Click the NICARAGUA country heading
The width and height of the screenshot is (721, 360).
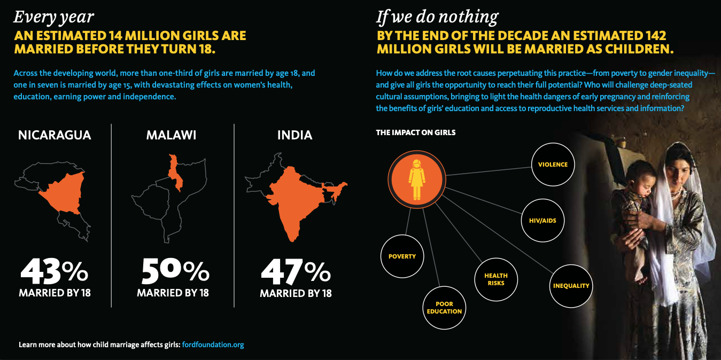pyautogui.click(x=55, y=135)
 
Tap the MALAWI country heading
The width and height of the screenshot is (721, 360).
pyautogui.click(x=171, y=135)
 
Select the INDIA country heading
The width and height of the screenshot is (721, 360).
pyautogui.click(x=294, y=135)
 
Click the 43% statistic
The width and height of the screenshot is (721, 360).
pyautogui.click(x=54, y=272)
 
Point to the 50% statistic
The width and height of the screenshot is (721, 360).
pyautogui.click(x=175, y=272)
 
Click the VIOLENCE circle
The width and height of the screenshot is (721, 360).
pyautogui.click(x=553, y=165)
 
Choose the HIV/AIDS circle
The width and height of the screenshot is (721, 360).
pyautogui.click(x=542, y=220)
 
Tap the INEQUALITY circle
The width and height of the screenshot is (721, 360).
pyautogui.click(x=571, y=286)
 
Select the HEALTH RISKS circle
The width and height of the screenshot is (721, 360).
pyautogui.click(x=496, y=279)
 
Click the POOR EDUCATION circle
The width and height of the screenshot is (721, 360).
pyautogui.click(x=444, y=308)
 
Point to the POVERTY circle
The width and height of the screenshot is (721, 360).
pyautogui.click(x=402, y=256)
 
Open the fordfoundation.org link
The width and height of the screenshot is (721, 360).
pyautogui.click(x=213, y=345)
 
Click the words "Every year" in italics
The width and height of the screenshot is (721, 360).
pyautogui.click(x=53, y=17)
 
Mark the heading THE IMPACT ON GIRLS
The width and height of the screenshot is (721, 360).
pyautogui.click(x=416, y=132)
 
